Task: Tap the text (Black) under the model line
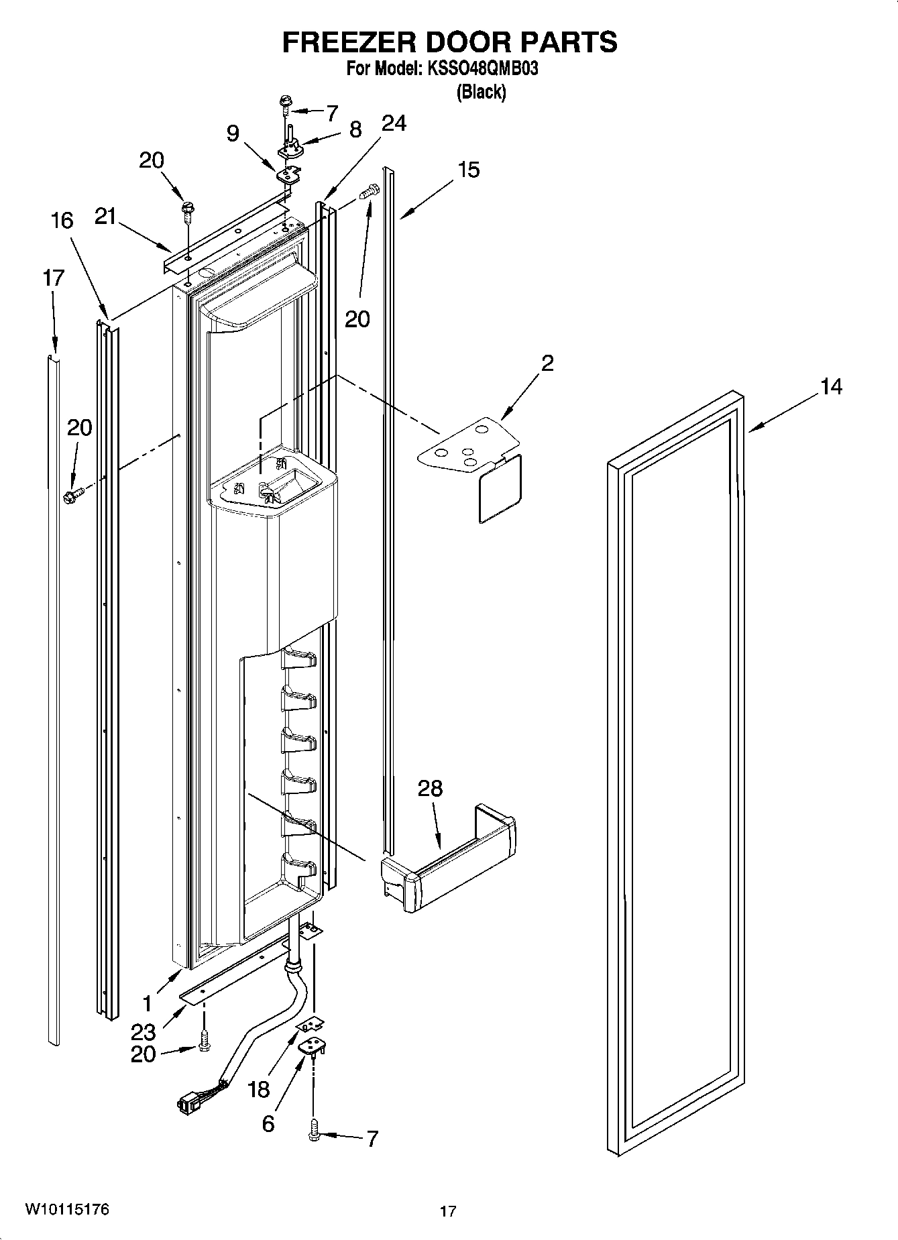[x=480, y=92]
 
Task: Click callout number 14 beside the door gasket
[x=831, y=387]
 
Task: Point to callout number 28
[x=430, y=789]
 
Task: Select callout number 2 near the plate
[x=547, y=363]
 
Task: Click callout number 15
[x=469, y=170]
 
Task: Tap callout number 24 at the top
[x=394, y=123]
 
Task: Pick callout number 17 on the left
[x=54, y=277]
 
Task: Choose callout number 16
[x=62, y=220]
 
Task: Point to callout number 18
[x=259, y=1090]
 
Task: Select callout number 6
[x=268, y=1124]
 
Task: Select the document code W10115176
[x=66, y=1209]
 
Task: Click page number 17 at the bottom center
[x=448, y=1211]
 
